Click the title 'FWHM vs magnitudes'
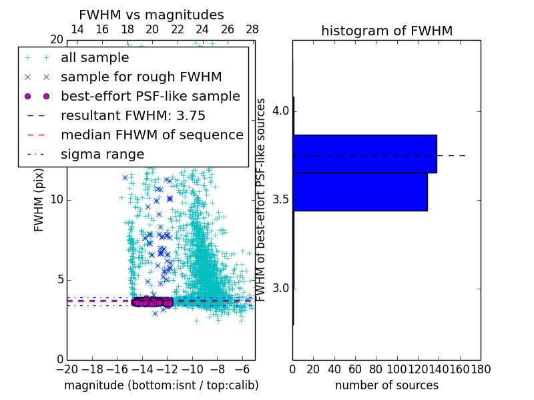(x=152, y=15)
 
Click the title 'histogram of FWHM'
(x=386, y=31)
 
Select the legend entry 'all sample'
(x=95, y=58)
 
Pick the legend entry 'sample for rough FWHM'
(x=141, y=77)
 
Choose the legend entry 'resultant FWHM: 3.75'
(x=133, y=116)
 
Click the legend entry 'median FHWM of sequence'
(x=152, y=135)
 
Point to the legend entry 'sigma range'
(x=102, y=155)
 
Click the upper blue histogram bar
(x=364, y=154)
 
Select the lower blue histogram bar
(x=360, y=192)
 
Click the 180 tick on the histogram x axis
(x=481, y=369)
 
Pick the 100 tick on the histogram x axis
(x=397, y=369)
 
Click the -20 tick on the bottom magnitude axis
(x=67, y=369)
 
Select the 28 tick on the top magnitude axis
(x=252, y=29)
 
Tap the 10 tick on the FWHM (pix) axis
(x=57, y=200)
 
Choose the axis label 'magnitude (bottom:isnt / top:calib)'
(x=161, y=385)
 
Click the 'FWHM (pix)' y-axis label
(x=39, y=200)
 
